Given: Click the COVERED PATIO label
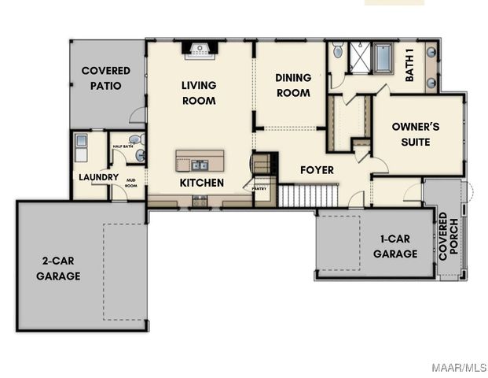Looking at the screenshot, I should (x=105, y=78).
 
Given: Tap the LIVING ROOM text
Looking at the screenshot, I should (x=198, y=93).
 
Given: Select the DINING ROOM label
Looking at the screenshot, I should (x=292, y=85).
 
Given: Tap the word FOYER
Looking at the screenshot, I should (x=317, y=170).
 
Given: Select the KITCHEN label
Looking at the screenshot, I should (x=202, y=183).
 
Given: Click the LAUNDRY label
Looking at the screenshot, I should (x=98, y=177).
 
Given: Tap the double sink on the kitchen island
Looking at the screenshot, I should (x=199, y=165).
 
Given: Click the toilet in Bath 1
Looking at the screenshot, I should (x=337, y=52).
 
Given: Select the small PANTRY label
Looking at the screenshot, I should (x=259, y=189).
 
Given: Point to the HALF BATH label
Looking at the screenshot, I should (x=123, y=146).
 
